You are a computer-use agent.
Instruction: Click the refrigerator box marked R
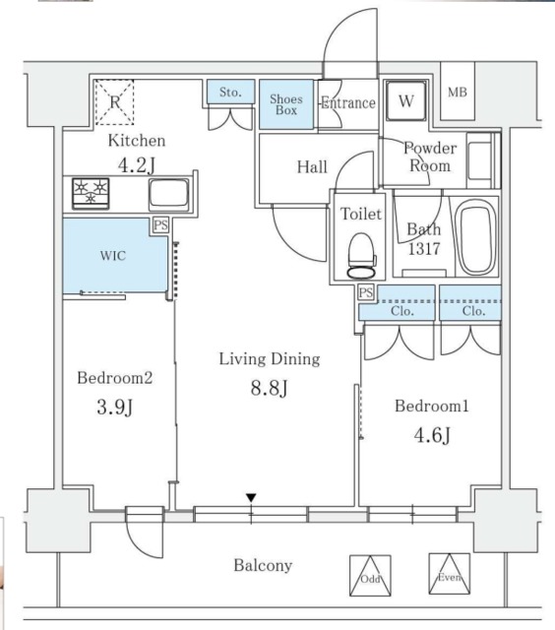pos(115,101)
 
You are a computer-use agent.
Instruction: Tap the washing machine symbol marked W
pos(405,100)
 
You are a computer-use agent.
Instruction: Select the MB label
pos(458,93)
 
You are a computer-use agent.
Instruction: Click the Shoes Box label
pos(286,104)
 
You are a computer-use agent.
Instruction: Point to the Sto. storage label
pos(230,93)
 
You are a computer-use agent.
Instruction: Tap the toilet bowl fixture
pos(361,255)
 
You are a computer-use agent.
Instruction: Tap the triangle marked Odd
pos(366,577)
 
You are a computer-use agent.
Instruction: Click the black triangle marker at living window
pos(252,498)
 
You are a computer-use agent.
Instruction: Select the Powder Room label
pos(430,157)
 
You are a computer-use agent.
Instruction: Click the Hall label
pos(312,167)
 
